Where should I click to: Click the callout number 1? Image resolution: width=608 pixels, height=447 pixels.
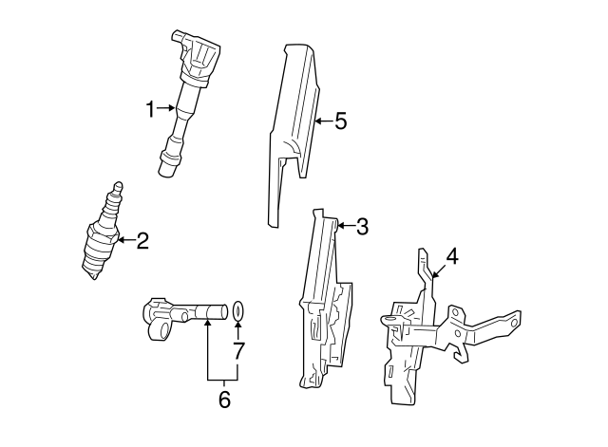coord(150,109)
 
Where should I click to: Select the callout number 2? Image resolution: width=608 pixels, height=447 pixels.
coord(142,240)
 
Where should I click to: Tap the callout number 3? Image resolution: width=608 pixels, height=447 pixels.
coord(362,226)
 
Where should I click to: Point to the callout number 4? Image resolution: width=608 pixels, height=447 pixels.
coord(452,257)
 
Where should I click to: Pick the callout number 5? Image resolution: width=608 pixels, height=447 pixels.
coord(340,121)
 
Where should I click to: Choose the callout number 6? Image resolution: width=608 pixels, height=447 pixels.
coord(224,400)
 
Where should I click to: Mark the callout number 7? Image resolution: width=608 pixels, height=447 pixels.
coord(238,350)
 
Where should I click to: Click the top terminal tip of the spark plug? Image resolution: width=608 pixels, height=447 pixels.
coord(119,185)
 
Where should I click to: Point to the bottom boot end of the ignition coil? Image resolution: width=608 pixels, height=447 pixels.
coord(167,168)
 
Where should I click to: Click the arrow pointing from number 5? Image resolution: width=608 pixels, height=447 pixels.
coord(323,121)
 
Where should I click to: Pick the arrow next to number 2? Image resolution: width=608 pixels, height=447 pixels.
coord(126,240)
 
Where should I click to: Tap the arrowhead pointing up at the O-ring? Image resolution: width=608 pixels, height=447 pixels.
coord(237,326)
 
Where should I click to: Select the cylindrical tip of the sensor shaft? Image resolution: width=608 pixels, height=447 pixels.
coord(218,312)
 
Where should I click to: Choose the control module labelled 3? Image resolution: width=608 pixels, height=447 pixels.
coord(325,298)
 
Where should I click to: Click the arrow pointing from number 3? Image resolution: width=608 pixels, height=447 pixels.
coord(346,226)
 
